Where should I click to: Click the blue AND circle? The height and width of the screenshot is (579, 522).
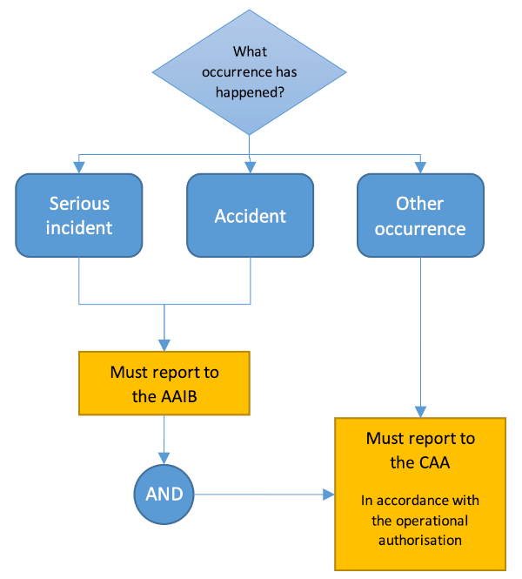(164, 494)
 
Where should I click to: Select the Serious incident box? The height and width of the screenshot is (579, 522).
(79, 215)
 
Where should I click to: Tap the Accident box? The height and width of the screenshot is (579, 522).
(250, 215)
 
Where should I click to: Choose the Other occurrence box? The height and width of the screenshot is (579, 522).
(420, 215)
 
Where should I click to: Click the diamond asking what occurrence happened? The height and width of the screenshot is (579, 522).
(250, 72)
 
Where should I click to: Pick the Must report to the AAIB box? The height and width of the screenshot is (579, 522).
(164, 383)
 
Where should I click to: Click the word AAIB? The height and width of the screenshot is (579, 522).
(180, 396)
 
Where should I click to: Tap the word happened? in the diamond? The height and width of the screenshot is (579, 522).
(250, 92)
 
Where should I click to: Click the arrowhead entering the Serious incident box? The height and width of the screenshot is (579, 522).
(79, 168)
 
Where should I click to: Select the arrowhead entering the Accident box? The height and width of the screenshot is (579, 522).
(250, 168)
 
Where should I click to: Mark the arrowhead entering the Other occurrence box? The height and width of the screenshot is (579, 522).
(420, 168)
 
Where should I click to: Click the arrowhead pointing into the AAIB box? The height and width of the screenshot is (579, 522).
(164, 346)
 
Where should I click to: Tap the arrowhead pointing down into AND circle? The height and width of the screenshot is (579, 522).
(164, 458)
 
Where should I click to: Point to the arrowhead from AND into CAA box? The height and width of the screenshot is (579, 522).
(329, 495)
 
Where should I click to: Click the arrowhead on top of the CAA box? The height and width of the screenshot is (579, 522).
(420, 412)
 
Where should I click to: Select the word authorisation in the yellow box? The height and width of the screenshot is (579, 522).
(420, 540)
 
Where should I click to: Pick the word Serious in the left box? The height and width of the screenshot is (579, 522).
(79, 204)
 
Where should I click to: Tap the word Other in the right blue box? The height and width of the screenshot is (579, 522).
(420, 204)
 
